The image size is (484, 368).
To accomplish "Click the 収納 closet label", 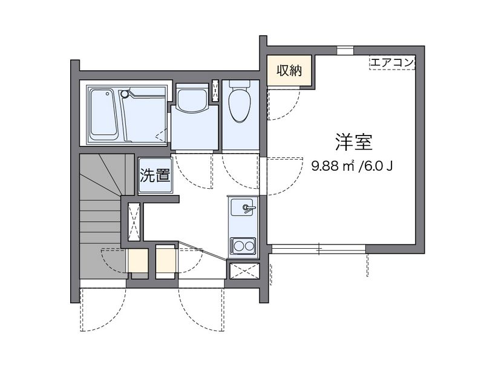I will click(x=289, y=70).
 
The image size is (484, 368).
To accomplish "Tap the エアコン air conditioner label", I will click(x=391, y=62).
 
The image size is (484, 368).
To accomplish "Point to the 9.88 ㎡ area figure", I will click(x=332, y=165).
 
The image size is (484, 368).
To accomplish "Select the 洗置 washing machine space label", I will click(x=155, y=176).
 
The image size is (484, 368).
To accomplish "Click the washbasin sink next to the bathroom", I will click(x=192, y=99).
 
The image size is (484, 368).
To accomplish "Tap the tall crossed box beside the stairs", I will click(x=134, y=222).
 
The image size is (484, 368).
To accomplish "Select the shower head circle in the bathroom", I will click(x=125, y=94).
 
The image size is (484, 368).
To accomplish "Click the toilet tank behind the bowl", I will click(x=240, y=85).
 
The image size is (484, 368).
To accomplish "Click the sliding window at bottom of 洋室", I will click(x=318, y=247).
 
